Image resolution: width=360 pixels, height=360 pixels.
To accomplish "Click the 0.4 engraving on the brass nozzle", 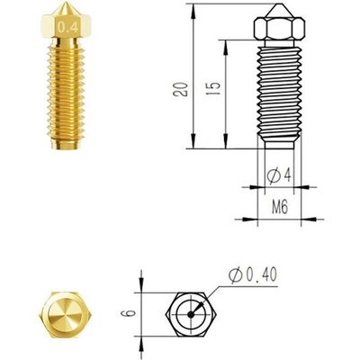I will [66, 29].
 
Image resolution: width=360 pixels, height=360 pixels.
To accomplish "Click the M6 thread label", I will [279, 206].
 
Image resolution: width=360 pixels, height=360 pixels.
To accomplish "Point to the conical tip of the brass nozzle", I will [66, 12].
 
